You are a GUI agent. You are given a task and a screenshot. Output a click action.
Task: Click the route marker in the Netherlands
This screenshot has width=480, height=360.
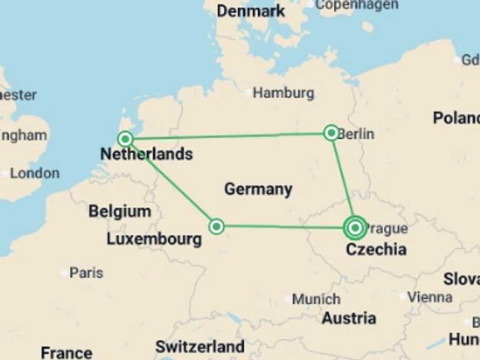pyautogui.click(x=126, y=139)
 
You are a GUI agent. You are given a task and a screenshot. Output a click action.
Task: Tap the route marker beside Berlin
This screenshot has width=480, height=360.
pyautogui.click(x=331, y=132)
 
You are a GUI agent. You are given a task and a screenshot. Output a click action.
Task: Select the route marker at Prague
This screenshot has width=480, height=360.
pyautogui.click(x=355, y=227)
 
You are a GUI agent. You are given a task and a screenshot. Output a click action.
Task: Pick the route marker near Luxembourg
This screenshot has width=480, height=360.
pyautogui.click(x=216, y=226)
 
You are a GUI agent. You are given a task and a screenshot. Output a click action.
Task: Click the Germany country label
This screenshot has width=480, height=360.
pyautogui.click(x=258, y=189)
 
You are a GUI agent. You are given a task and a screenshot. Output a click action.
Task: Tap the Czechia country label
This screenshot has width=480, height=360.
pyautogui.click(x=376, y=249)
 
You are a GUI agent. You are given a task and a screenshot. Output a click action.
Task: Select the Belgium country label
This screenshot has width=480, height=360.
pyautogui.click(x=119, y=211)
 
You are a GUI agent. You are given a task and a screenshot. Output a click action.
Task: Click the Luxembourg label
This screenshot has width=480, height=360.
pyautogui.click(x=154, y=239)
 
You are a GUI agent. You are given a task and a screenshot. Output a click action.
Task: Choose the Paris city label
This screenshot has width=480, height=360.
pyautogui.click(x=86, y=273)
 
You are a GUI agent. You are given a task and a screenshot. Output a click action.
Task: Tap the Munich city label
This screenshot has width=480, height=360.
pyautogui.click(x=316, y=299)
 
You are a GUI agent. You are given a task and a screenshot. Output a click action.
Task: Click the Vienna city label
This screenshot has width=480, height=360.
pyautogui.click(x=430, y=297)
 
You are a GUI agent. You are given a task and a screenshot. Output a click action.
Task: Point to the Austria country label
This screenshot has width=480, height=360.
pyautogui.click(x=349, y=318)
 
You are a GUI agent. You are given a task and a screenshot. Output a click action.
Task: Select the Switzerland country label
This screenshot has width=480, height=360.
pyautogui.click(x=200, y=346)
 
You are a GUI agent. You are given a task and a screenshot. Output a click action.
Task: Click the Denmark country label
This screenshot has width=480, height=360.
pyautogui.click(x=251, y=11)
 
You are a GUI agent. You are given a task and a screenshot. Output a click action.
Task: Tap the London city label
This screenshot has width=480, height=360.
pyautogui.click(x=35, y=173)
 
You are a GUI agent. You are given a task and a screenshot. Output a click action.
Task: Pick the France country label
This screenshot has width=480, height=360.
pyautogui.click(x=66, y=352)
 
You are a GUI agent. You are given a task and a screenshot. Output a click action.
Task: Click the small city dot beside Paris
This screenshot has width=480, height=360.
pyautogui.click(x=64, y=273)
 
